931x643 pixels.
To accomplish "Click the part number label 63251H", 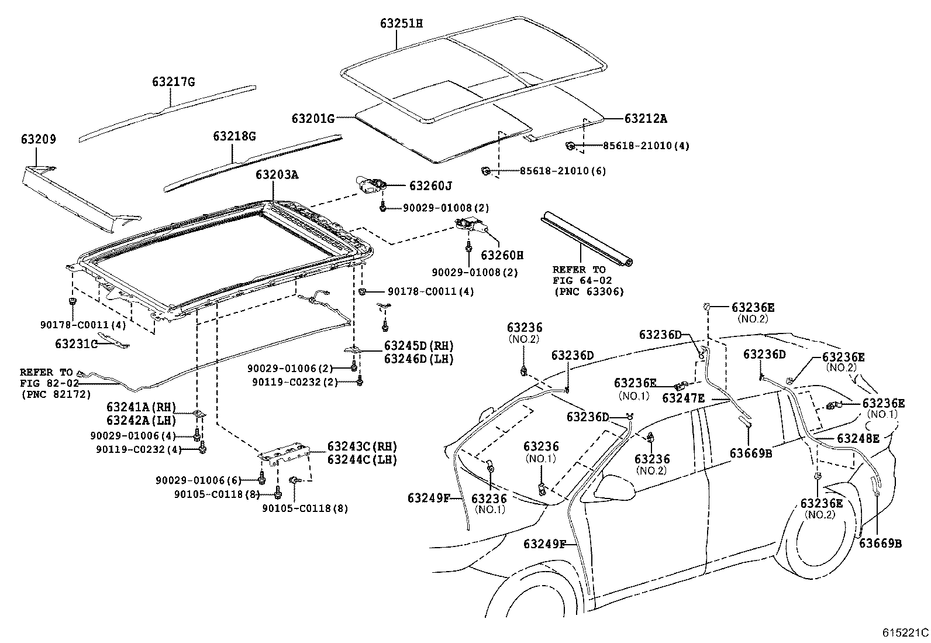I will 401,23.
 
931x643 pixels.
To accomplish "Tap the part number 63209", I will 39,139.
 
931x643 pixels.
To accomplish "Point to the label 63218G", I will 235,136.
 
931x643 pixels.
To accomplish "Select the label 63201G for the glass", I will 313,119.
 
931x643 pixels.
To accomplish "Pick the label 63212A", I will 646,119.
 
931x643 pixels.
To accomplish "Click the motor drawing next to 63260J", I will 370,184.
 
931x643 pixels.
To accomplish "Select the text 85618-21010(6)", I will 563,171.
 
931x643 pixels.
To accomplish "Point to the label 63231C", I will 76,343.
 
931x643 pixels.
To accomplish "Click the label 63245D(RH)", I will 419,346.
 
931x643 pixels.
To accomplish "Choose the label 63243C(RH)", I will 362,447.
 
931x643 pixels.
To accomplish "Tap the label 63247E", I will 683,398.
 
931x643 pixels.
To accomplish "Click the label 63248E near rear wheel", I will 858,438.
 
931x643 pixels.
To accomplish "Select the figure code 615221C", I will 905,632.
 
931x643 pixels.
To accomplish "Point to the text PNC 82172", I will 56,394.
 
